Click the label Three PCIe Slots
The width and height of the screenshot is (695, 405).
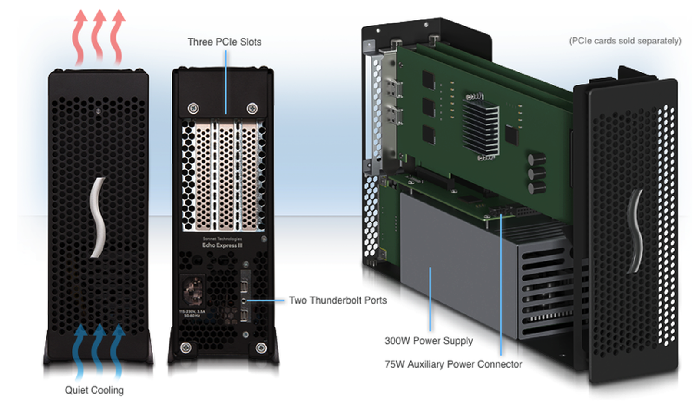coord(224,42)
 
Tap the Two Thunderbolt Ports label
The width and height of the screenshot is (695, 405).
coord(338,300)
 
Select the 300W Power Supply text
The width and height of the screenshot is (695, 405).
coord(428,341)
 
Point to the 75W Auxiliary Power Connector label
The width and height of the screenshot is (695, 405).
coord(453,364)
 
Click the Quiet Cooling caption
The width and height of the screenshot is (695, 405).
coord(94,390)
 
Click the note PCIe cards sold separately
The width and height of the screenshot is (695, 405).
coord(625,41)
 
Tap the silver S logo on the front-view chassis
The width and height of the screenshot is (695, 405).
coord(98,217)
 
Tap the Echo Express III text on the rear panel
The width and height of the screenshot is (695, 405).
coord(222,245)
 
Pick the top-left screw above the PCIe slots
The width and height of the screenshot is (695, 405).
coord(193,108)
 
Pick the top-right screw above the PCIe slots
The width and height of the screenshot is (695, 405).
coord(252,108)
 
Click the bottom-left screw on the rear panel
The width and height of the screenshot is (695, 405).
coord(185,347)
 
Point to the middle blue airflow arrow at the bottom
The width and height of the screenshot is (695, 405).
coord(99,349)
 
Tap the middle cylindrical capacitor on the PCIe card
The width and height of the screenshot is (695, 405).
coord(536,174)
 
